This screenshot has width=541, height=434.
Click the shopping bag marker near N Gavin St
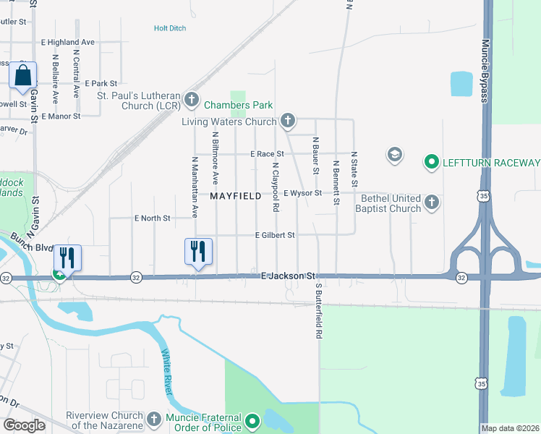23,75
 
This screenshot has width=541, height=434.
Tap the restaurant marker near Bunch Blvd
67,258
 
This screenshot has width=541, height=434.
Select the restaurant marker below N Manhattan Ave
198,252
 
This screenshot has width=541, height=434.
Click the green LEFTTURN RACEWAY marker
432,161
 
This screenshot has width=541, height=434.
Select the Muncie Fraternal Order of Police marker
252,420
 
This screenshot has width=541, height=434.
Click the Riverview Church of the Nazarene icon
153,419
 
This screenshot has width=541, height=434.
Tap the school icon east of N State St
394,154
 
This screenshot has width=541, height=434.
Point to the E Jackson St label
289,276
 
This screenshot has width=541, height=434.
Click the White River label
168,373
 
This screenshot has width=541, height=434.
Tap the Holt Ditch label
170,28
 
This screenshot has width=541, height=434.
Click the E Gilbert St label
275,235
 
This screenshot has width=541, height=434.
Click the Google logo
24,425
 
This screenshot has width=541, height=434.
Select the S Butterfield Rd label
317,311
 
